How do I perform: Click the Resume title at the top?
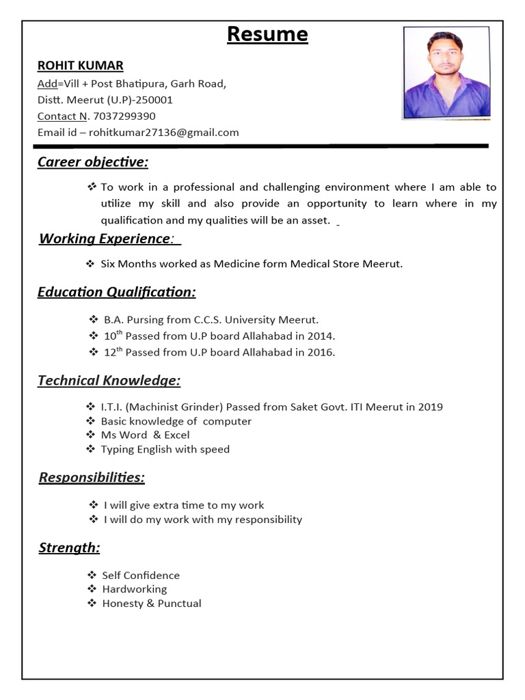pos(267,34)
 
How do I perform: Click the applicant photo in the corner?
pos(446,72)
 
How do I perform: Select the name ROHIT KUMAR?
pos(80,66)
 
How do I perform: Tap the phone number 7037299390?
pos(124,116)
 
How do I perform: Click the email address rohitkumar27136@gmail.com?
pos(164,133)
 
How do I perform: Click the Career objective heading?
pos(92,162)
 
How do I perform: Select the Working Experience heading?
pos(105,239)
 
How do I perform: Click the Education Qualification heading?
pos(116,293)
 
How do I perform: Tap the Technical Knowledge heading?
pos(109,381)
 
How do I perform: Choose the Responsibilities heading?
pos(92,477)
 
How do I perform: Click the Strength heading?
pos(69,548)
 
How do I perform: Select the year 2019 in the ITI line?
pos(430,407)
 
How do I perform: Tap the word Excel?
pos(176,435)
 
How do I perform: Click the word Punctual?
pos(179,604)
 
